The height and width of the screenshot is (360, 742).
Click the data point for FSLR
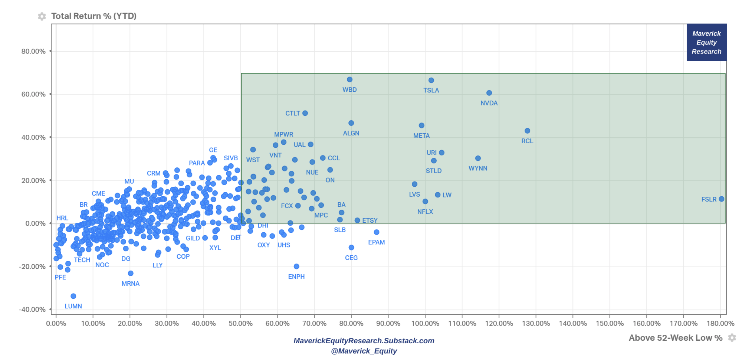(721, 199)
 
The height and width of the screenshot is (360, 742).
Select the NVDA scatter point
(489, 93)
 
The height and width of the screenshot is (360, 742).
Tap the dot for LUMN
(73, 296)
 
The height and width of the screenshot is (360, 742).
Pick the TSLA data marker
(431, 80)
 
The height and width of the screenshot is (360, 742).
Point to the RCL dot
(527, 131)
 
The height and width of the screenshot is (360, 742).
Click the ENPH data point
(296, 266)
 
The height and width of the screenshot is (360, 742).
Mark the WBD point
(349, 79)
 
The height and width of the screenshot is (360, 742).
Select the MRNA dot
(131, 273)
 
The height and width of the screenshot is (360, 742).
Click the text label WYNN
(478, 168)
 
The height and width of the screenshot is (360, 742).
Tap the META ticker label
(421, 136)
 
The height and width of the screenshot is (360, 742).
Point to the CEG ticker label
(351, 258)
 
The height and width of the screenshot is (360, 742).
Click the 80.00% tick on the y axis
(33, 51)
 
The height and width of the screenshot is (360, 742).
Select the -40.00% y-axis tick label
(32, 310)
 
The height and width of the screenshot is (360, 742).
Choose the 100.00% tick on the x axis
(425, 324)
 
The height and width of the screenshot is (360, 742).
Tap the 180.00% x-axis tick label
(720, 324)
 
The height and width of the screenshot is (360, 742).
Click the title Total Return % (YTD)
(94, 16)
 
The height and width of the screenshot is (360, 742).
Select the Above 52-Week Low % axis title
(675, 338)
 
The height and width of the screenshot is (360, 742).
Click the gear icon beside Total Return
(42, 16)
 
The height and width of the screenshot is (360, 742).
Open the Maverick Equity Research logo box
(706, 42)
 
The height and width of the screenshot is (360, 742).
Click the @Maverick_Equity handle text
(364, 351)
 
